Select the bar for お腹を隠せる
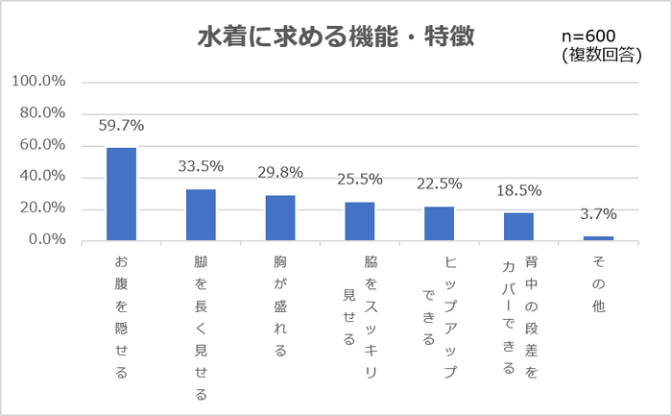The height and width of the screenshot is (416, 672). [121, 193]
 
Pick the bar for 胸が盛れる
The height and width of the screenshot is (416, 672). [280, 217]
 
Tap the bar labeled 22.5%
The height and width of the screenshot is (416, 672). [440, 223]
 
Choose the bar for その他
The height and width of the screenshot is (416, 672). [598, 237]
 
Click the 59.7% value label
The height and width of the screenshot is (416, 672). [121, 126]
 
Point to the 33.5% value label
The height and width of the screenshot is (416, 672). [201, 166]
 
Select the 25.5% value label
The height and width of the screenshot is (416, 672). [360, 179]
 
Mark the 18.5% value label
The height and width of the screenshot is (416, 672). [519, 190]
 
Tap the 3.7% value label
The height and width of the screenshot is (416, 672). [598, 213]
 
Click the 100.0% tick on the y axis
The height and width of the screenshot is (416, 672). [37, 82]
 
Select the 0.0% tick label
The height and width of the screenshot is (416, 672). [45, 240]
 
